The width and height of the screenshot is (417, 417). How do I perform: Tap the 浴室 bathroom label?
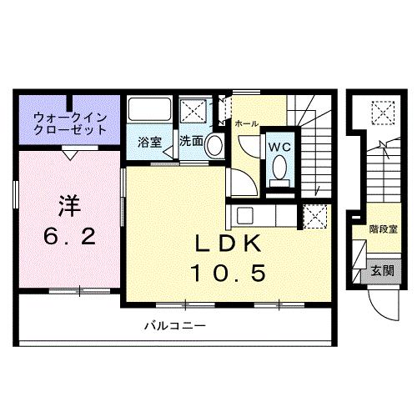[149, 142]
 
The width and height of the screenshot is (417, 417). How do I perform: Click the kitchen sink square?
[245, 215]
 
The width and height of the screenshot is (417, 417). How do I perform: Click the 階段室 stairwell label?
[382, 228]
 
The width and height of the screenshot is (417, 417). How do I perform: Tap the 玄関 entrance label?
[382, 271]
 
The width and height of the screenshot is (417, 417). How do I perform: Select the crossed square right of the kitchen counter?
[316, 216]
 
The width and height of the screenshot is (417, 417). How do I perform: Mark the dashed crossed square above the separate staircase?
[382, 111]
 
